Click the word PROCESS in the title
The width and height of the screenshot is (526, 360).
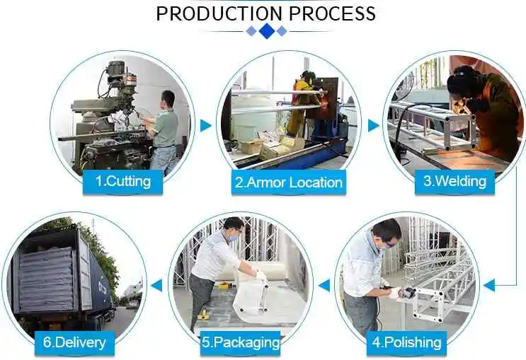coord(328,13)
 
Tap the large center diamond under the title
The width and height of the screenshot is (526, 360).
coord(266,31)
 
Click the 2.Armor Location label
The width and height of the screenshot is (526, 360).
coord(288,182)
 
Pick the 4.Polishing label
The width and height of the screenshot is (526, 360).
coord(407,344)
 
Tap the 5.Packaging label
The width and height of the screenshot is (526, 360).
coord(241,343)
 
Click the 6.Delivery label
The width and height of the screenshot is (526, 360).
coord(74,343)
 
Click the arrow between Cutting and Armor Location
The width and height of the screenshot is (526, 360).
coord(206,125)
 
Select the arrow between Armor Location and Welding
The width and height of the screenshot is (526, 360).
coord(373,125)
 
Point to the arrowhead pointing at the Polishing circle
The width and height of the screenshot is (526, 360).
coord(488,286)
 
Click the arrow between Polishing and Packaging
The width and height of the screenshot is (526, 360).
coord(324,286)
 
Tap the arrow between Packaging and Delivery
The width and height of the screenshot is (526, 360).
coord(157,286)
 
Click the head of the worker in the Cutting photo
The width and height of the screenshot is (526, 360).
coord(167,98)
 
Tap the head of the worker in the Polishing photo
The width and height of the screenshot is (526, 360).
coord(387,233)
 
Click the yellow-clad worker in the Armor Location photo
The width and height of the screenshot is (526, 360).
coord(302,103)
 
